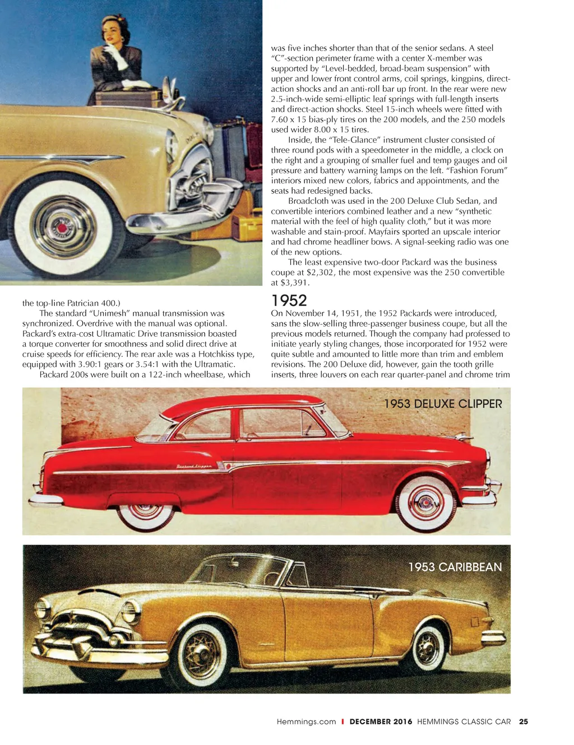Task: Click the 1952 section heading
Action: (x=289, y=301)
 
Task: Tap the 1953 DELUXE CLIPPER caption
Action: (x=443, y=404)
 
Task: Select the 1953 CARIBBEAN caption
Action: (x=455, y=567)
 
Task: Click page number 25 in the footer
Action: (x=523, y=721)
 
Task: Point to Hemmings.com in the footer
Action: (x=306, y=721)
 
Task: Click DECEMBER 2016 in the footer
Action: (x=381, y=721)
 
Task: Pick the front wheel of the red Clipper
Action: (x=425, y=503)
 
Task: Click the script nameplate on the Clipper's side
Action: (x=194, y=466)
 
